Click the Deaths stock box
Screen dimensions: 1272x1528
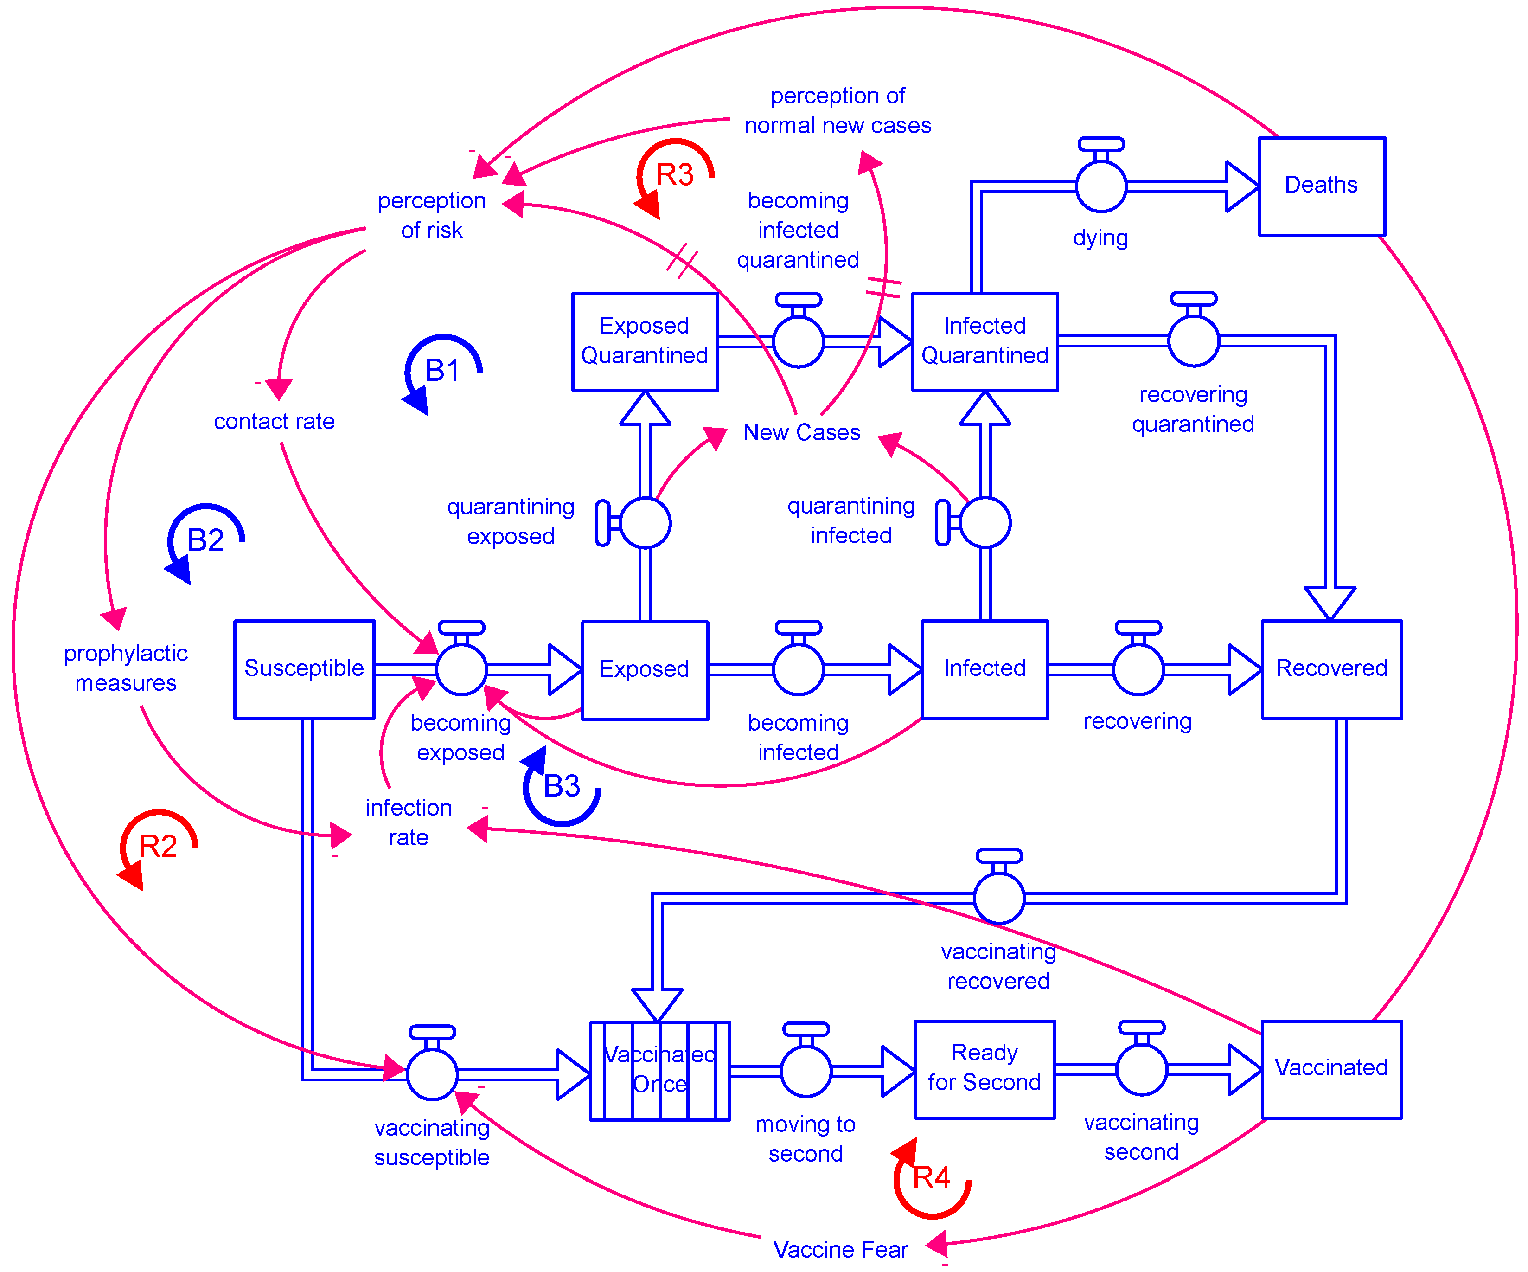click(x=1321, y=186)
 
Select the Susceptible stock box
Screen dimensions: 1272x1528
click(x=304, y=669)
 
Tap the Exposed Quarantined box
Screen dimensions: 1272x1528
click(x=645, y=341)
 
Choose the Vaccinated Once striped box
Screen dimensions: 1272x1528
click(x=659, y=1070)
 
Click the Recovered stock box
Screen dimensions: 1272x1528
click(x=1331, y=669)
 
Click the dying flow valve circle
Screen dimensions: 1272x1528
click(x=1101, y=186)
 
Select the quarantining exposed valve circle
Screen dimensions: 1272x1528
click(x=645, y=522)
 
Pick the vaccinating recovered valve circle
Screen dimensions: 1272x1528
click(x=998, y=898)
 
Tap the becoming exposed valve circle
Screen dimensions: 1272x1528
click(x=461, y=669)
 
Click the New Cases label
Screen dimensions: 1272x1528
click(x=801, y=433)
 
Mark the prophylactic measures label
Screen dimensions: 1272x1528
click(x=126, y=668)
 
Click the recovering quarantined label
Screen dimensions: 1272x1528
click(x=1193, y=409)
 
